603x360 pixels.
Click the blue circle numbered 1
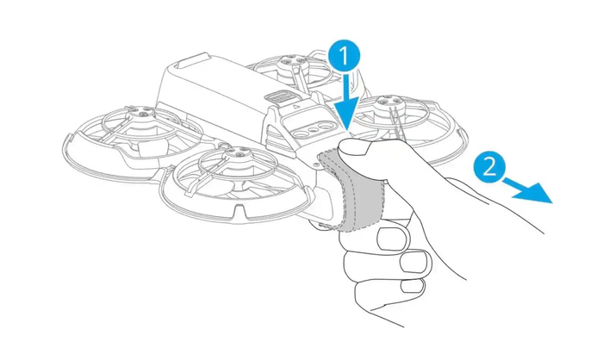click(343, 56)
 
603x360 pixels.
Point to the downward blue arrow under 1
click(348, 107)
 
